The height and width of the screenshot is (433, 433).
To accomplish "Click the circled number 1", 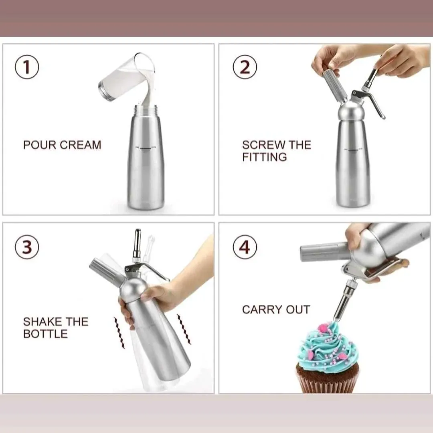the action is [27, 67].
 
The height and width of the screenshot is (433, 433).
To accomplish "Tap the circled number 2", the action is [245, 67].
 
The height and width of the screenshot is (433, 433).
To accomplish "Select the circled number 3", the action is [27, 247].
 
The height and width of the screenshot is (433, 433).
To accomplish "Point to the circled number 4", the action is [245, 247].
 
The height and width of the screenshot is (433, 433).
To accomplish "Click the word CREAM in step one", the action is [80, 145].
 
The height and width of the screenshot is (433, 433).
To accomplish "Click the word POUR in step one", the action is [40, 145].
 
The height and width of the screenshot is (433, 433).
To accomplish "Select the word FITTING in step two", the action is [265, 157].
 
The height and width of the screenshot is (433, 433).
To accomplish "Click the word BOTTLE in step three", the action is [46, 334].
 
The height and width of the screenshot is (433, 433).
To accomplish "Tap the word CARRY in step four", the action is [262, 310].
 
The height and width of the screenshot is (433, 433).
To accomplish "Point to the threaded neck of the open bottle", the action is [146, 111].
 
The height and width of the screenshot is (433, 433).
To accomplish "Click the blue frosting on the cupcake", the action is [326, 345].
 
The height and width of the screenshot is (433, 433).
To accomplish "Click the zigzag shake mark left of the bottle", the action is [119, 333].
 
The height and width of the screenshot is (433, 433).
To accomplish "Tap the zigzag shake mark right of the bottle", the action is [184, 329].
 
